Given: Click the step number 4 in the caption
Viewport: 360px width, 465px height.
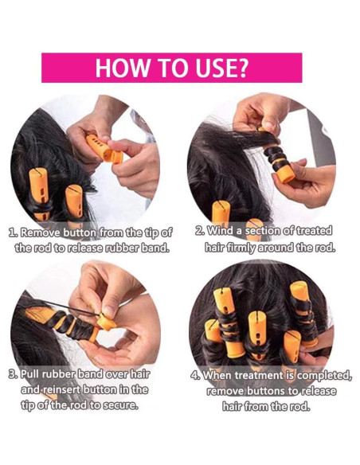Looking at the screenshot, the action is pyautogui.click(x=195, y=376).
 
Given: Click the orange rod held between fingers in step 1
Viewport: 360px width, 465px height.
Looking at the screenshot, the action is pyautogui.click(x=104, y=149).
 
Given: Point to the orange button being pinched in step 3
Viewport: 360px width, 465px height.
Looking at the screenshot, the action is pyautogui.click(x=106, y=322).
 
